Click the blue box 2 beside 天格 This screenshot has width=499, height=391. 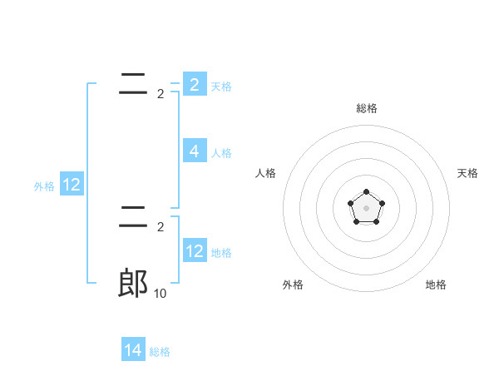[195, 85]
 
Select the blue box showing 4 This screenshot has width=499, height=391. [195, 151]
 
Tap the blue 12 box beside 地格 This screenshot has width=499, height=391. [195, 251]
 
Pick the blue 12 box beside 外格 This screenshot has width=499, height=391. [72, 185]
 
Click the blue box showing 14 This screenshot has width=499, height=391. [133, 351]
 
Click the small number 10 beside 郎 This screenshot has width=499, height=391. [161, 293]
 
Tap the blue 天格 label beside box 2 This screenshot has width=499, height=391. [221, 87]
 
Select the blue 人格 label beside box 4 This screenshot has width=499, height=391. [221, 153]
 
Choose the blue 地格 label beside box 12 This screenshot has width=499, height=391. [221, 253]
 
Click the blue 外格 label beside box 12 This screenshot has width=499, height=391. [44, 186]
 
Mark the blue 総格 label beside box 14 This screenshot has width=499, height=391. [160, 352]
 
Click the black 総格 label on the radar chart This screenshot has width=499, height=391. [366, 108]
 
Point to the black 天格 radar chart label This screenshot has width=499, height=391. [467, 173]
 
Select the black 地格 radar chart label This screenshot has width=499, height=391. [436, 285]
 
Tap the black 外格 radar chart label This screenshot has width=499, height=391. [293, 285]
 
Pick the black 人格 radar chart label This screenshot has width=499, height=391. [266, 173]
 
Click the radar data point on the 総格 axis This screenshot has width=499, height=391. [366, 192]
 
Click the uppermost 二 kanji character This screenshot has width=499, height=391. [133, 83]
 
